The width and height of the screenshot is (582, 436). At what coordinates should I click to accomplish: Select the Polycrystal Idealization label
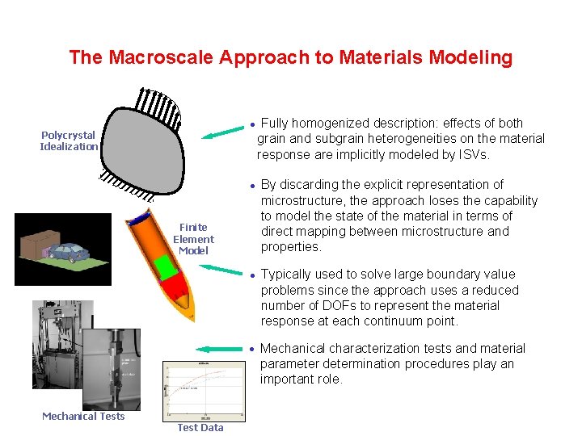click(x=69, y=140)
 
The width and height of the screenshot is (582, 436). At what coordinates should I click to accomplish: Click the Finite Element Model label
click(x=193, y=239)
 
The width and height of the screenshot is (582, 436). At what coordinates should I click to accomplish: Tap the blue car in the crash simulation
click(x=69, y=252)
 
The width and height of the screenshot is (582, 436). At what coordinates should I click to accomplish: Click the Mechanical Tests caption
click(x=83, y=416)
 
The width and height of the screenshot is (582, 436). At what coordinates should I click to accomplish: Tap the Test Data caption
click(x=200, y=427)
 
